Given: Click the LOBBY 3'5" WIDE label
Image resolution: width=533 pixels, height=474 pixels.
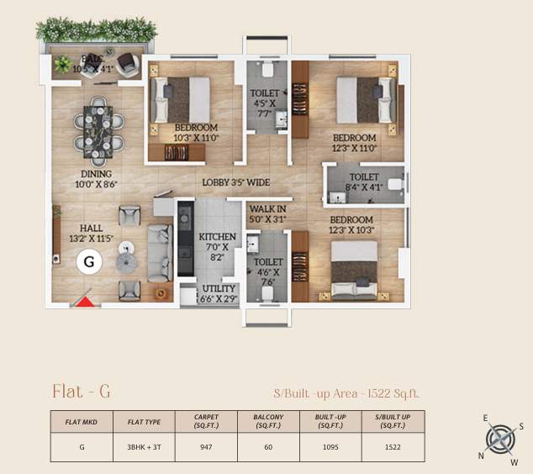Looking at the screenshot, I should (235, 182).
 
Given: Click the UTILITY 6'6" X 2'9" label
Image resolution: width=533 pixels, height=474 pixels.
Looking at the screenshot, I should (217, 293).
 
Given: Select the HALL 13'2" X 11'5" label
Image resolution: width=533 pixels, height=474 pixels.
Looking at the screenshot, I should (92, 233).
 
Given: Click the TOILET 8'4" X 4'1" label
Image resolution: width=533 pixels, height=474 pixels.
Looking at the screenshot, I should (363, 182).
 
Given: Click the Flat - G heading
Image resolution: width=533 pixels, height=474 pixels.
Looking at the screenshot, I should (82, 391).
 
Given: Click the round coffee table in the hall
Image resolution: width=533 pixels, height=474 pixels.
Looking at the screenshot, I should (127, 248).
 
